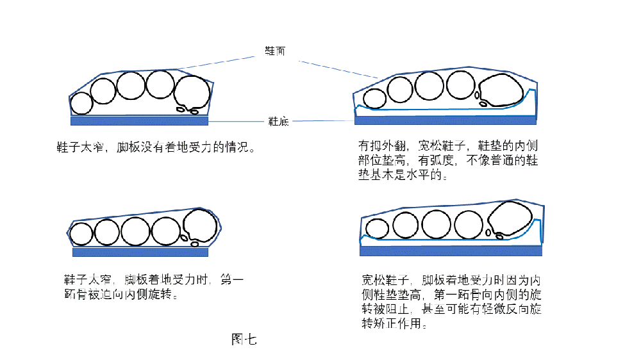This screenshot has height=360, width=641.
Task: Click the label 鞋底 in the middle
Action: tap(278, 121)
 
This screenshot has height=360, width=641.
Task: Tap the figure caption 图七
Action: tap(244, 340)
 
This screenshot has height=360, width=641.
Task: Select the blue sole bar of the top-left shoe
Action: tap(139, 120)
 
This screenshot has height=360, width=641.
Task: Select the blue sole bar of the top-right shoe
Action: tap(445, 120)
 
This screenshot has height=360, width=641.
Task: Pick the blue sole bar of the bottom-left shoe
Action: tap(141, 252)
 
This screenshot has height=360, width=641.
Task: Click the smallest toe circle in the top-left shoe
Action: tap(81, 103)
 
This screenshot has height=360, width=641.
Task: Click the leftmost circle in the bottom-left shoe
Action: tap(81, 234)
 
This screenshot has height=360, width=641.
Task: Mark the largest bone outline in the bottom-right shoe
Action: tap(512, 219)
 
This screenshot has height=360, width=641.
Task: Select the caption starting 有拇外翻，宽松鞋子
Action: tap(447, 160)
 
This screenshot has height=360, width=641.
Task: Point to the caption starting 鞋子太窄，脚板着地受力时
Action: tap(154, 287)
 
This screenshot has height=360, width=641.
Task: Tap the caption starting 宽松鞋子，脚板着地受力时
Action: tap(453, 302)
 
